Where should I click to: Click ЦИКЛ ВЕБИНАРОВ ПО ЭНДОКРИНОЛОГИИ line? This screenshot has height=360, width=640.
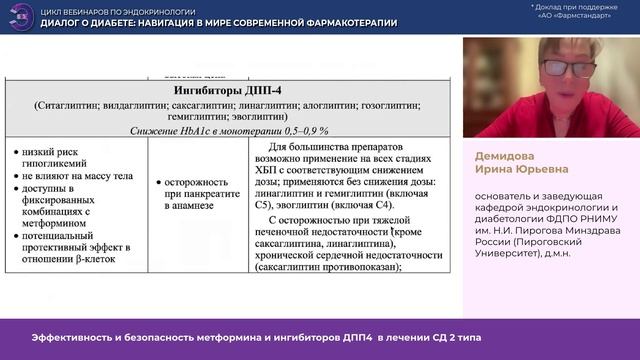tap(110, 9)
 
